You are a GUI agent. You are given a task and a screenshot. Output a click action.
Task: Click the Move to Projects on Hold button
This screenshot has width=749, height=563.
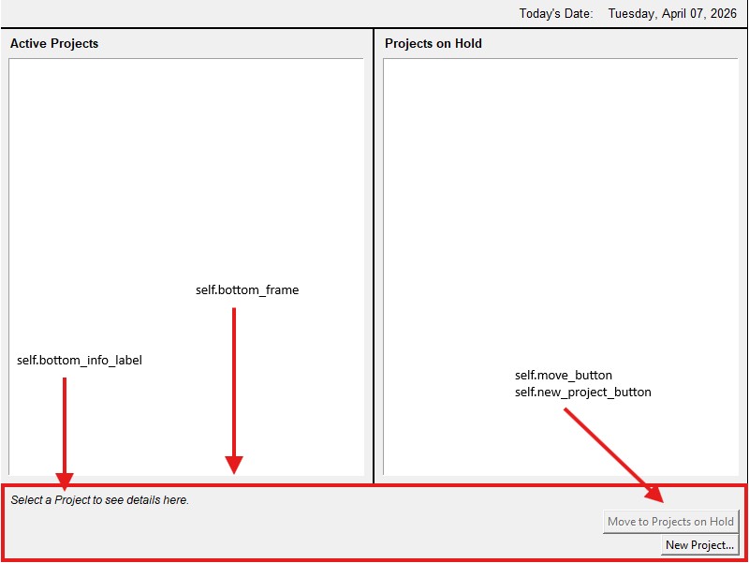[x=670, y=522]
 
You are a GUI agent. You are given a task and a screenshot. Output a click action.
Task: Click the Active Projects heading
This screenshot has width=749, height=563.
[x=54, y=43]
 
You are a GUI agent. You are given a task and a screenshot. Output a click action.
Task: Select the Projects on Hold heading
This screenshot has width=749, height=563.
[x=433, y=43]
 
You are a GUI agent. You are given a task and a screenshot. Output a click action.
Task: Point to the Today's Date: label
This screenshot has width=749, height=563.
[x=556, y=13]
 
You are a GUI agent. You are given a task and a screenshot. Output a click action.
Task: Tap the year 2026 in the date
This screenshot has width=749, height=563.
[x=723, y=13]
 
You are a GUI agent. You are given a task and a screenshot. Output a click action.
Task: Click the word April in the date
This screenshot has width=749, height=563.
[x=673, y=13]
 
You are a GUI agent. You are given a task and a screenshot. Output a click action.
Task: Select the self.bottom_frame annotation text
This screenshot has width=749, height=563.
[x=247, y=289]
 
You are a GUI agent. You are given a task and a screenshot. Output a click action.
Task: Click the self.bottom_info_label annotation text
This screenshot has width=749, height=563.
[x=80, y=360]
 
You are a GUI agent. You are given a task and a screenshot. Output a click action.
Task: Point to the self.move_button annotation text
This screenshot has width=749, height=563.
[x=564, y=375]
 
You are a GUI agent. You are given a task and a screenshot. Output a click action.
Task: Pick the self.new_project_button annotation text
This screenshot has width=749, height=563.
[x=582, y=392]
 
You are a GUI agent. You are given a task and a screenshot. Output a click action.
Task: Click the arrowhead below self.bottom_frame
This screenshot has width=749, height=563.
[x=234, y=464]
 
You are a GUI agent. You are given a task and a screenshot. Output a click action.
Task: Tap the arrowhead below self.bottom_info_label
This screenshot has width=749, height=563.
[x=65, y=481]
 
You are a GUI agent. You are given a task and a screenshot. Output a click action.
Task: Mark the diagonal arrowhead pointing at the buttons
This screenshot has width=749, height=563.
[x=655, y=496]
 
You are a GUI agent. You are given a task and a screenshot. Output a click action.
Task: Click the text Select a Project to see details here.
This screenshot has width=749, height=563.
[x=100, y=500]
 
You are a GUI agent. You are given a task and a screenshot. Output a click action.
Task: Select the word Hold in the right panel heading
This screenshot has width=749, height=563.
[x=468, y=43]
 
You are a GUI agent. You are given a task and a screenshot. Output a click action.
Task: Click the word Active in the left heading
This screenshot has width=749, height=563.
[x=28, y=43]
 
